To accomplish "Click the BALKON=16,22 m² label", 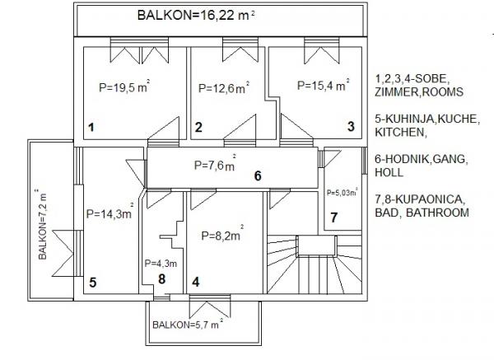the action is [196, 15].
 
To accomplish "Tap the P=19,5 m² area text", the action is [124, 86].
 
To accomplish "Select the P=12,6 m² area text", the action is [224, 87].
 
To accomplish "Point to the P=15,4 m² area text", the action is [324, 85].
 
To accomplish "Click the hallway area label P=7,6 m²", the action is [215, 164].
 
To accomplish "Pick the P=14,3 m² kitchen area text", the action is [110, 213].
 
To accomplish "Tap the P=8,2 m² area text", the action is [222, 234].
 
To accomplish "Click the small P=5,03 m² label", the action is [342, 192].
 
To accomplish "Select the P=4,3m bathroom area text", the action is [161, 264].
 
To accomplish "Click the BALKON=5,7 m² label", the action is [188, 324].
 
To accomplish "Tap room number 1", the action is [91, 128].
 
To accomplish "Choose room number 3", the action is [351, 126].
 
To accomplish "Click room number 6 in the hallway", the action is [258, 175].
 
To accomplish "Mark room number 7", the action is [333, 217].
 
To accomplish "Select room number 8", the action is [161, 279].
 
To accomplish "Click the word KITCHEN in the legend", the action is [399, 132].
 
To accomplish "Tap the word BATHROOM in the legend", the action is [437, 213].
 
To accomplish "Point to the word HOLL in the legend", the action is [389, 172].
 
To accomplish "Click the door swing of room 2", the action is [240, 127].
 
